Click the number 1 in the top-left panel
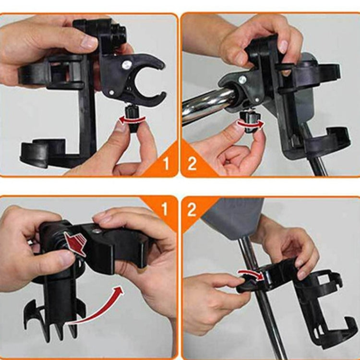pos(166,164)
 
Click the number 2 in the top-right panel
pos(192,164)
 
